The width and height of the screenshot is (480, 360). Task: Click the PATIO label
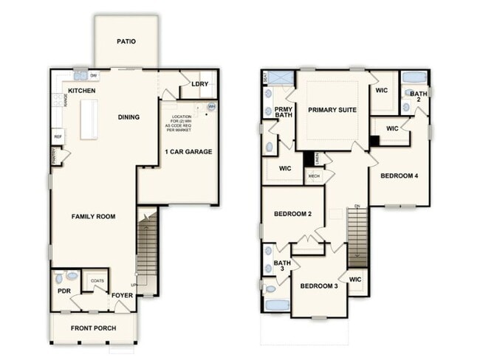126,41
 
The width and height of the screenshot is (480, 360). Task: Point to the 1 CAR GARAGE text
188,152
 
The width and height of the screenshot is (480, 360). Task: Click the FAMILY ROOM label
93,216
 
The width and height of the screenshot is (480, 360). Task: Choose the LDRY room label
199,85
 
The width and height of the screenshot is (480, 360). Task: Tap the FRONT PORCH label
93,328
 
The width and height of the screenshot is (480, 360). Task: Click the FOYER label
122,297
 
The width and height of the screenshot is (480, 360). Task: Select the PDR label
64,291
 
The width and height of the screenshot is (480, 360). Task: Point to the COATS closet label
97,280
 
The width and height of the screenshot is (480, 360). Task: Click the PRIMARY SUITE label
332,110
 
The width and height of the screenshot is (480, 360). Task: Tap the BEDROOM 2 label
293,214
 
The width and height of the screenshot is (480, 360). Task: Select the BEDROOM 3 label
319,285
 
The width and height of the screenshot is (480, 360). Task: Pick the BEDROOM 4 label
400,176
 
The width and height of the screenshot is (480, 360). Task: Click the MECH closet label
314,176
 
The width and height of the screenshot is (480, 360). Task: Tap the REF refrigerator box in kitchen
57,136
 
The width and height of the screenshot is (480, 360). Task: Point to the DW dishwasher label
93,75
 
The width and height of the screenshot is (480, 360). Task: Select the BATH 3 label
282,266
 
